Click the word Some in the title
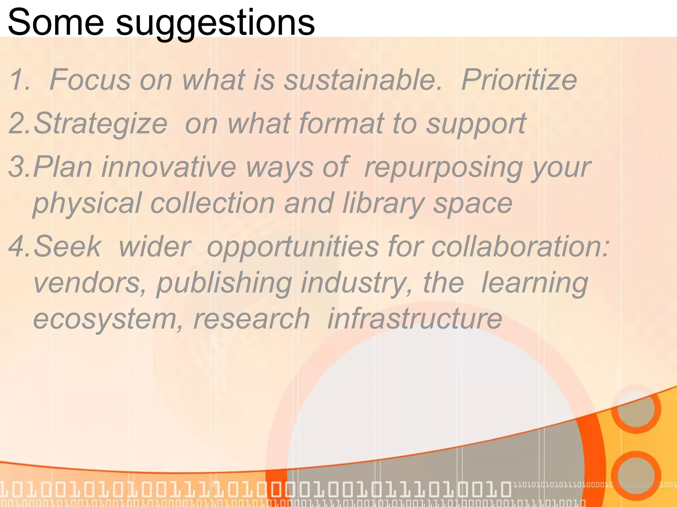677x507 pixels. coord(56,22)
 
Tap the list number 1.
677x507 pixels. coord(19,80)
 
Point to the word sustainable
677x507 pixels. coord(362,80)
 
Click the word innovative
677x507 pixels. coord(169,167)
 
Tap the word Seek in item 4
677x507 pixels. coord(67,246)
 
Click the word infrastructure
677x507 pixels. coord(415,319)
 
